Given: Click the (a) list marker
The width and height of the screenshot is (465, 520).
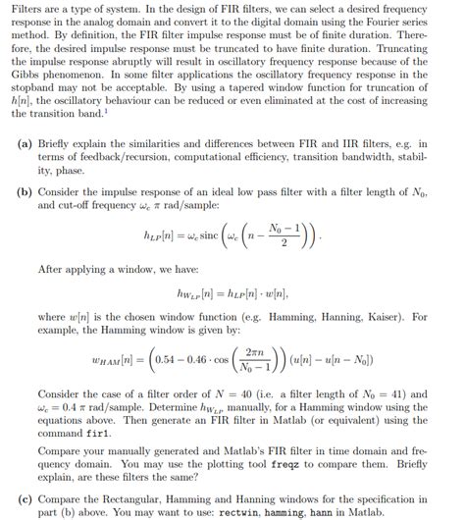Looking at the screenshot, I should coord(25,142).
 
